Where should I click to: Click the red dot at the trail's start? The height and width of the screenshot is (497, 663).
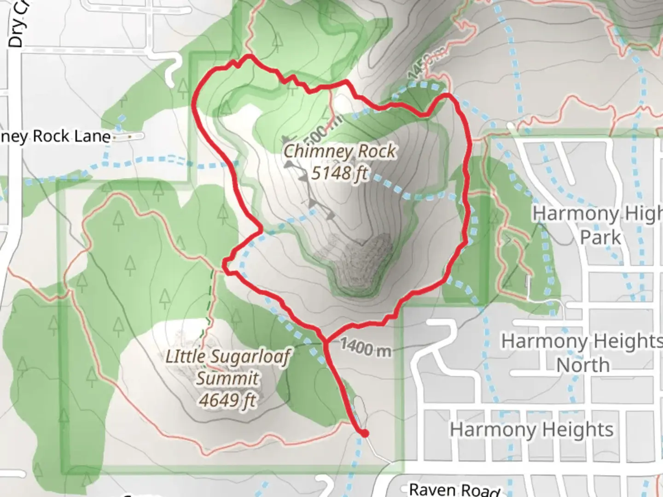point(364,433)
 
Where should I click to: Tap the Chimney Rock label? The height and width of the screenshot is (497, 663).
point(339,151)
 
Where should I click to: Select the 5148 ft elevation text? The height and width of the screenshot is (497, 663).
point(340,173)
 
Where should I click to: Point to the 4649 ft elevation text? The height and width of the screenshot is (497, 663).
point(227,400)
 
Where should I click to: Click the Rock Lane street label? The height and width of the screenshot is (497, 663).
point(55,136)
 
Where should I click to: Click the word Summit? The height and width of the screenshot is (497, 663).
point(227,378)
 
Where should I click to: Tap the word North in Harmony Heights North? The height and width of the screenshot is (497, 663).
point(583,365)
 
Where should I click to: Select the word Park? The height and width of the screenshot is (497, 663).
point(600,237)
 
